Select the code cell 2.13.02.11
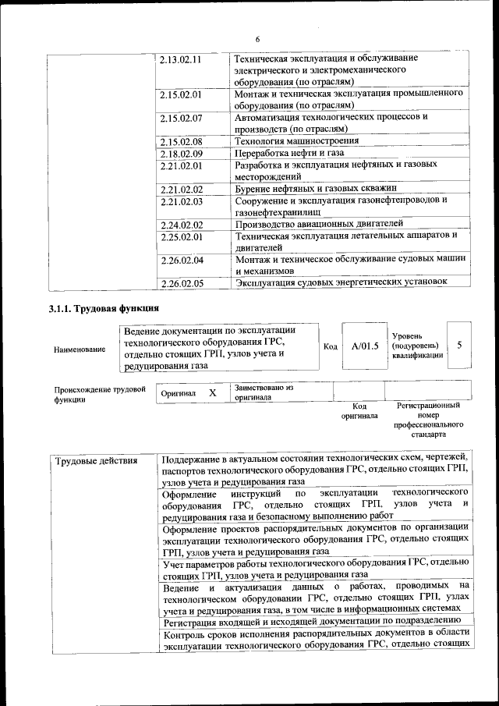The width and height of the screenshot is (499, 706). coord(180,59)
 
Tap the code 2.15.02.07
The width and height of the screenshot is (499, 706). coord(180,119)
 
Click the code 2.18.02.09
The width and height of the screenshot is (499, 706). coord(180,154)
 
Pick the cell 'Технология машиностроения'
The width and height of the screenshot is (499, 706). coord(297,141)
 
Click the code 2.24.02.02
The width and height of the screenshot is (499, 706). coord(180,225)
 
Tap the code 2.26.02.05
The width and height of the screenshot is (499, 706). coord(180,283)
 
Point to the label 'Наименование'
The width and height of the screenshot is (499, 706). coord(80,349)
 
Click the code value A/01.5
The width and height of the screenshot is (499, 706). coord(365,346)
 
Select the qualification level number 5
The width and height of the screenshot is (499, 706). coord(459,345)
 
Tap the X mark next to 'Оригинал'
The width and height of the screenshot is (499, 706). coord(212,393)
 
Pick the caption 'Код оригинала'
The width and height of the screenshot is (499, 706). coord(359,411)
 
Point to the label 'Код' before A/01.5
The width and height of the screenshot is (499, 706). coord(330,346)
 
